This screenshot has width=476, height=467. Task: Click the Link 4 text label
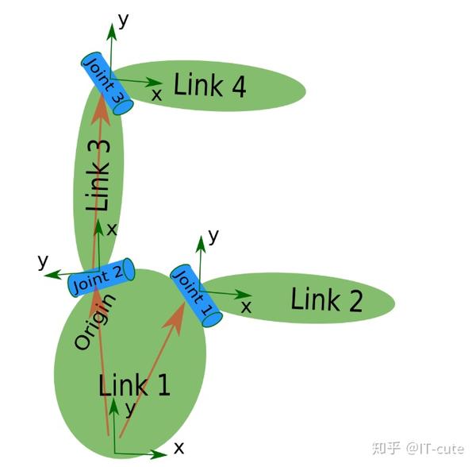(x=209, y=85)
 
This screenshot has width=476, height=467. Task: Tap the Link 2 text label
(x=326, y=300)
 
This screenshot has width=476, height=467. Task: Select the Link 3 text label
(x=99, y=176)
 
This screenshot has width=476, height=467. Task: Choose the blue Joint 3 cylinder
(x=106, y=83)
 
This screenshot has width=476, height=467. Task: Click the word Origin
(x=94, y=322)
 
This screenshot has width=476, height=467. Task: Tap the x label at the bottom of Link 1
(x=178, y=448)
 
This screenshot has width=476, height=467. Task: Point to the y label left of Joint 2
(x=43, y=261)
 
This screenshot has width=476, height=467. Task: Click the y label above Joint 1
(x=213, y=235)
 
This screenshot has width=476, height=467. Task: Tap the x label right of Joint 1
(x=247, y=306)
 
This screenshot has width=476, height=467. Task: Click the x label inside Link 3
(x=111, y=229)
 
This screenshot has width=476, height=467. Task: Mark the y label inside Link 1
(x=129, y=409)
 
